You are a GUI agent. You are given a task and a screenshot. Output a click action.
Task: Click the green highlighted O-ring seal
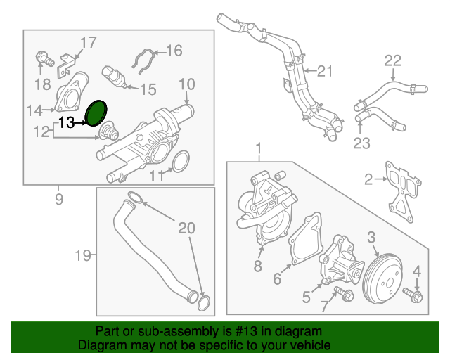96,112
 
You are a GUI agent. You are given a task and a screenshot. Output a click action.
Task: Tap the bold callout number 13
66,123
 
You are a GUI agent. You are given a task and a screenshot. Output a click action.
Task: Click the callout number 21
323,70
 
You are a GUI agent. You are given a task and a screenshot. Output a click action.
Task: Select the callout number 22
392,60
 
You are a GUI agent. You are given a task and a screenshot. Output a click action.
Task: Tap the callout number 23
361,143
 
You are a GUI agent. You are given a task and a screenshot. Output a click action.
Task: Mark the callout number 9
58,199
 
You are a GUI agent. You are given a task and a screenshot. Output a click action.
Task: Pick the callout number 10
186,84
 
